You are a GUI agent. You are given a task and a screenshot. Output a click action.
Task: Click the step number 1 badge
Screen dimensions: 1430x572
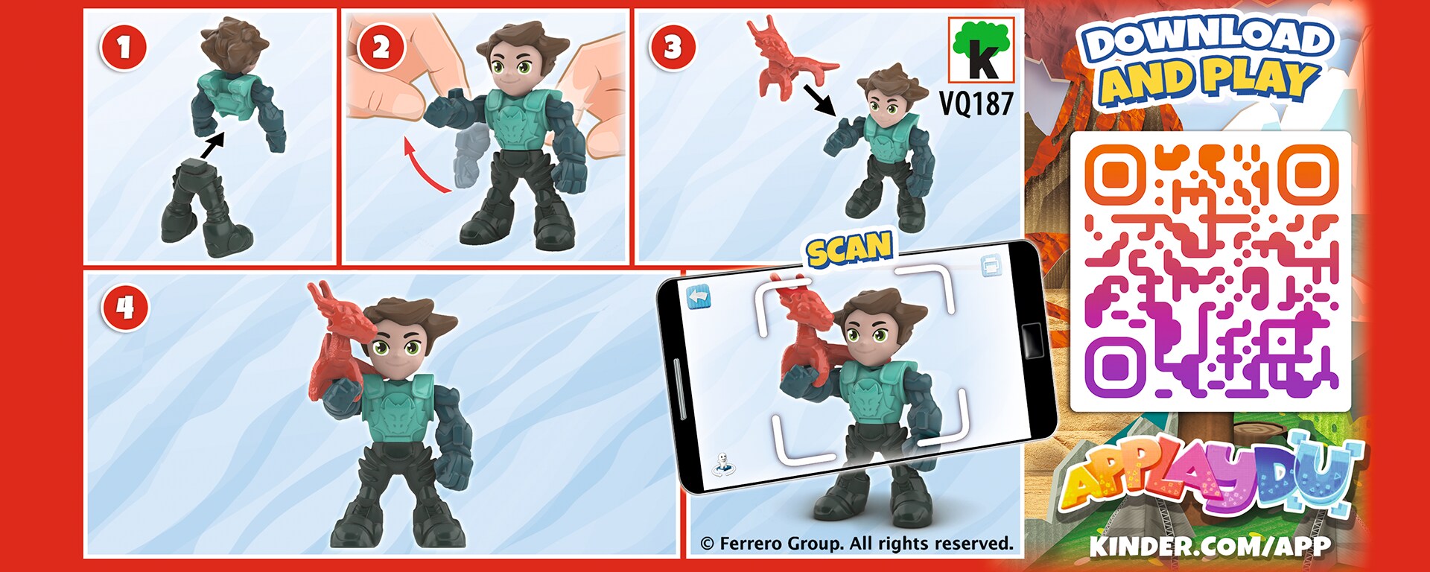(x=124, y=47)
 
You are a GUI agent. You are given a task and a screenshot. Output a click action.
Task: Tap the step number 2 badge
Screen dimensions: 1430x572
(x=381, y=48)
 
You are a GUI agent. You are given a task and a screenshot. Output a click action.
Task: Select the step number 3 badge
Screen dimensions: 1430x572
(x=673, y=47)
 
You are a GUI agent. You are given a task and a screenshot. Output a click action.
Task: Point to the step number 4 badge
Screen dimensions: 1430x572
(x=125, y=307)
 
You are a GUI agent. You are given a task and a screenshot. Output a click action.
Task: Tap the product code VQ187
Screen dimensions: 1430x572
(x=976, y=103)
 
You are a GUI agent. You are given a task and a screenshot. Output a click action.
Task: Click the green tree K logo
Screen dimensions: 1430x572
(x=981, y=49)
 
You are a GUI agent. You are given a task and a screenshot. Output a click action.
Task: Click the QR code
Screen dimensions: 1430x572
(x=1210, y=271)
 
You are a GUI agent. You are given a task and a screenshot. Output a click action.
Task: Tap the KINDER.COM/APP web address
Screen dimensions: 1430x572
(x=1210, y=546)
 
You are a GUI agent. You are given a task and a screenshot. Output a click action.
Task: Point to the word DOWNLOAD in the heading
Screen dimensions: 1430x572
(x=1207, y=42)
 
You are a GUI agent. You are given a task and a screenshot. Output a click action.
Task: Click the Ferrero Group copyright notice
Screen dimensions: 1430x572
(x=857, y=544)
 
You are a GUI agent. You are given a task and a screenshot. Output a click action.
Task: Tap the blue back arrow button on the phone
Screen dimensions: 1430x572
(x=699, y=297)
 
